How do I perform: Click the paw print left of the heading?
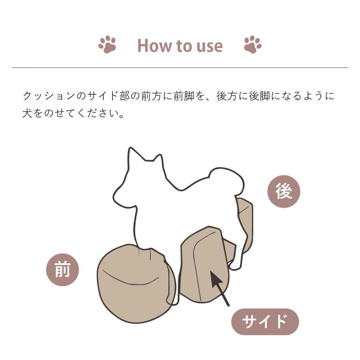click(107, 44)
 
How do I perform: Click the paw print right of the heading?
click(253, 44)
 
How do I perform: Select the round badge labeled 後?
click(284, 192)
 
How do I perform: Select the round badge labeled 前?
click(62, 270)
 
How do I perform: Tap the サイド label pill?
click(265, 322)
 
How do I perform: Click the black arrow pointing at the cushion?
click(220, 288)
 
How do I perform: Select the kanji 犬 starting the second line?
click(27, 114)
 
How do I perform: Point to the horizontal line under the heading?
click(180, 68)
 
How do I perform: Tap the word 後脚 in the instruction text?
click(260, 96)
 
